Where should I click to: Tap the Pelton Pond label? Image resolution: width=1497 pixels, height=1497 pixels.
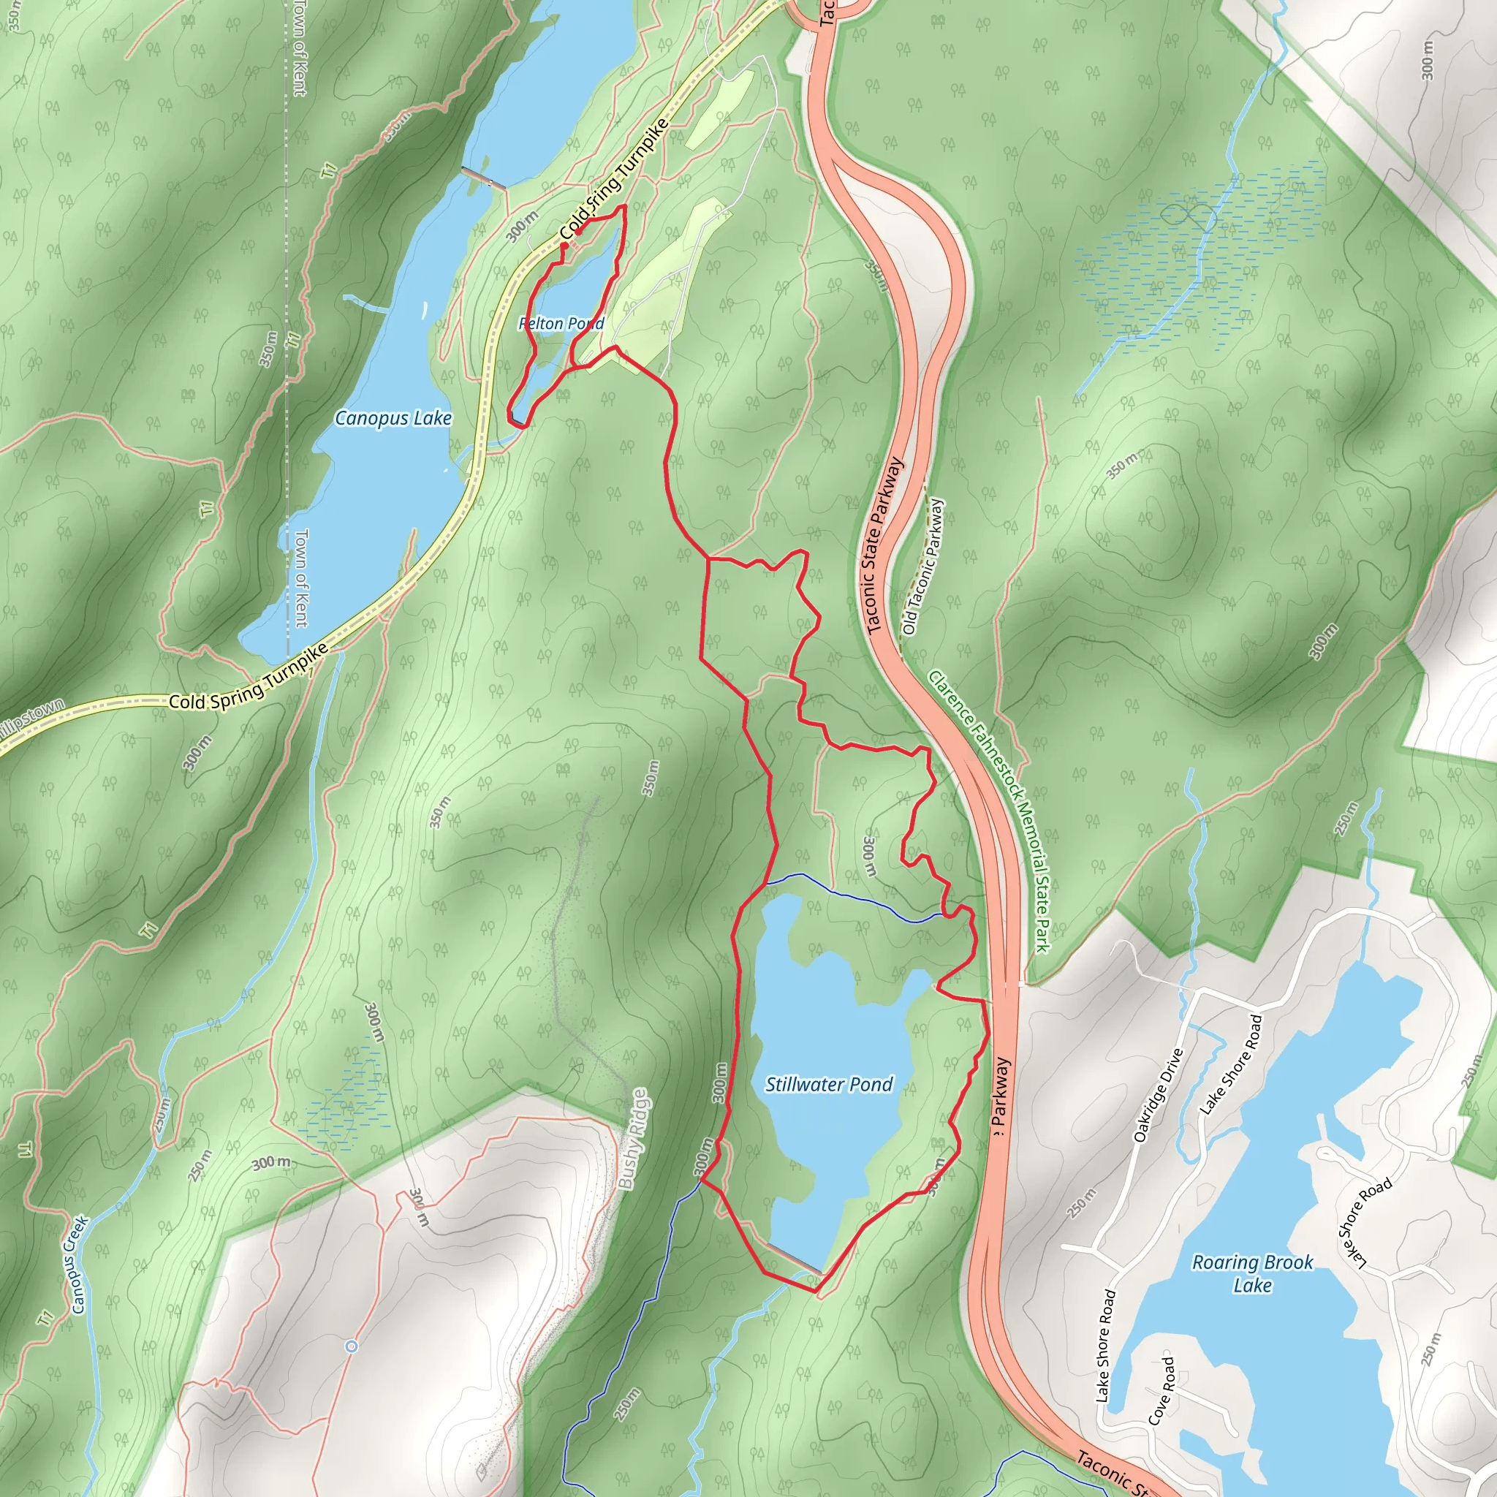point(561,323)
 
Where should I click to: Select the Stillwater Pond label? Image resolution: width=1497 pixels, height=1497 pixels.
point(829,1084)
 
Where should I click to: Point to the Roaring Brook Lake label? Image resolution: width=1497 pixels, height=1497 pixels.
point(1252,1273)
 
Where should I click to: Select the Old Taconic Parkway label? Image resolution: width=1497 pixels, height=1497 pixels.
point(923,566)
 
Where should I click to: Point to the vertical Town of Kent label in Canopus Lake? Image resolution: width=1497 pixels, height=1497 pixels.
point(300,578)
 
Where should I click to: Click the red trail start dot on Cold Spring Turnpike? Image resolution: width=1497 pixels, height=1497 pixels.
point(564,246)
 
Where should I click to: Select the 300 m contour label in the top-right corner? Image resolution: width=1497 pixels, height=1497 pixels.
point(1428,60)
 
